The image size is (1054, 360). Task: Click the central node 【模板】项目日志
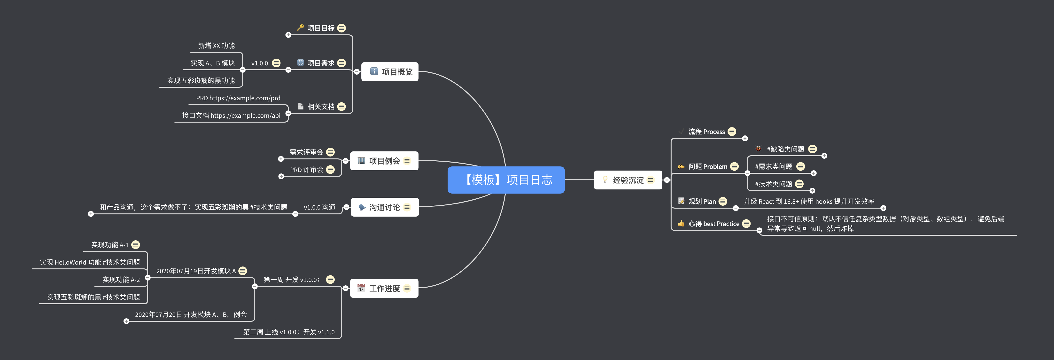(506, 180)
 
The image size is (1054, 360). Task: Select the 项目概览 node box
(390, 72)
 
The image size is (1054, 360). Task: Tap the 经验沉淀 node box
(628, 180)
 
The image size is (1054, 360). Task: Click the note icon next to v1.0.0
(276, 63)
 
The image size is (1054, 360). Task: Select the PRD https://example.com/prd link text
(238, 98)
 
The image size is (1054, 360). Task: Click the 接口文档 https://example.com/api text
(231, 115)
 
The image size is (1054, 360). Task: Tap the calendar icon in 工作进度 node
(361, 288)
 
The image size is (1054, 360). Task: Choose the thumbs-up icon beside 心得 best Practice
(681, 223)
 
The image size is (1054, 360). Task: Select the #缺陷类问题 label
(785, 149)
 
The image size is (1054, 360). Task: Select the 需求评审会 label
(306, 152)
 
